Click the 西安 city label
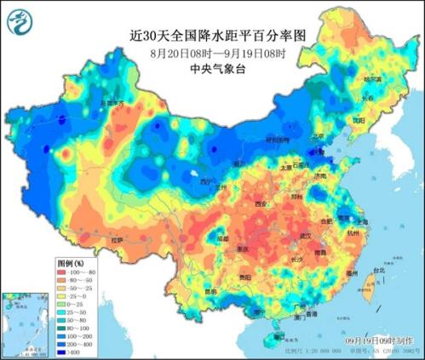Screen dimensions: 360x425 click(x=259, y=204)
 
